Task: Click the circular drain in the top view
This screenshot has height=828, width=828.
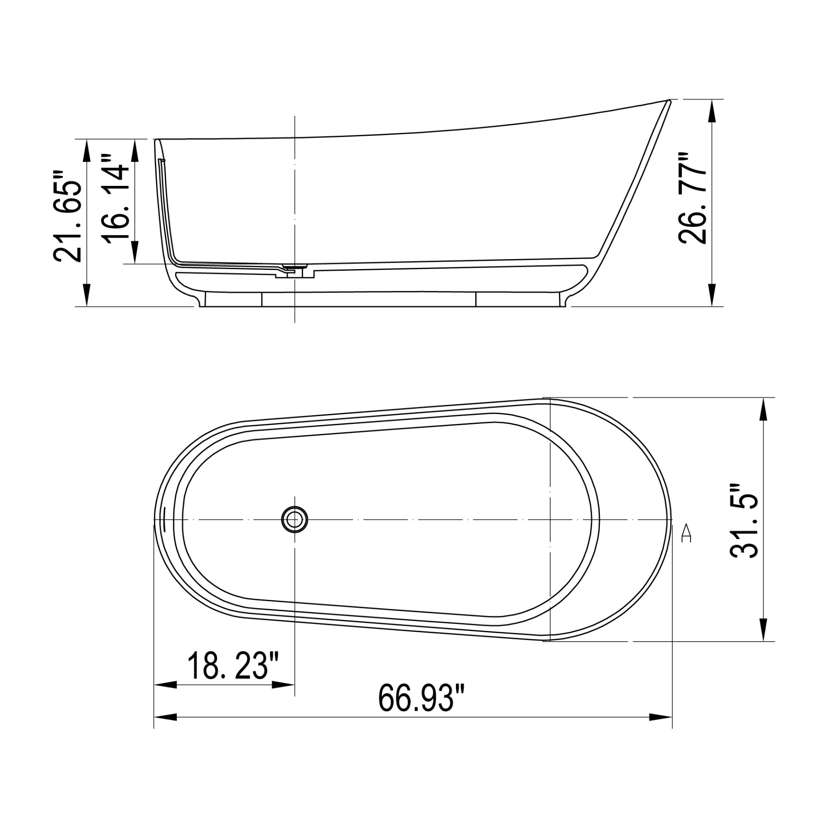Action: pos(295,520)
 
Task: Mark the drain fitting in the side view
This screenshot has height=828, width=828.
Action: pos(295,270)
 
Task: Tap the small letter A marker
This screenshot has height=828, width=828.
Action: pos(686,533)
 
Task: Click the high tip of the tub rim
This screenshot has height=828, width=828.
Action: pos(668,101)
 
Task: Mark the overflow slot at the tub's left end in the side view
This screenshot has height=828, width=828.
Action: pos(162,160)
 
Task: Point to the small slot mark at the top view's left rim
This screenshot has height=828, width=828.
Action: pos(165,519)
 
